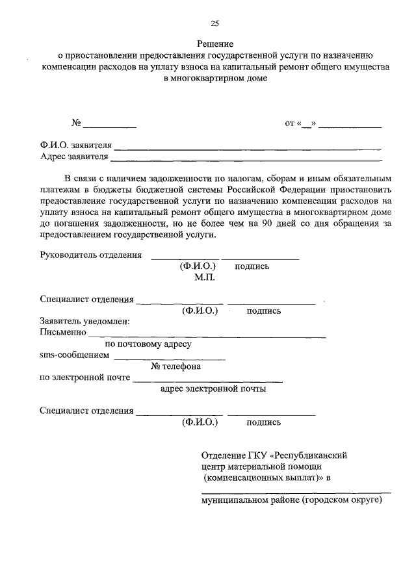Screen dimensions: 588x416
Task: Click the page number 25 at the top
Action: [214, 24]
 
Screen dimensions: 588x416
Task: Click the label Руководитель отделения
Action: [91, 255]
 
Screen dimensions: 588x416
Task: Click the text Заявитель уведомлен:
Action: [84, 322]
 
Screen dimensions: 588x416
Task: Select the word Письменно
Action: [63, 333]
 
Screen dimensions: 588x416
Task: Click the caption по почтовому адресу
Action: [148, 344]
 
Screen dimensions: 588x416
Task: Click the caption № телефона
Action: [175, 366]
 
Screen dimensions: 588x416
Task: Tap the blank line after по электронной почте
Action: [207, 381]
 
